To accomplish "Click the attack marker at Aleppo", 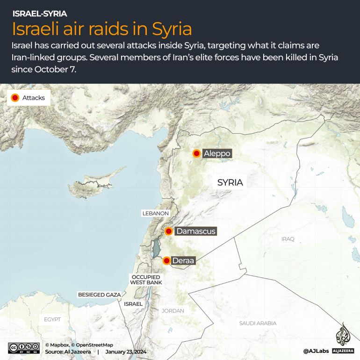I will click(197, 153).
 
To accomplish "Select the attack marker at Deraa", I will click(166, 260).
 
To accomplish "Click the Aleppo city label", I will click(217, 153).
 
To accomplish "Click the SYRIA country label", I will click(230, 182).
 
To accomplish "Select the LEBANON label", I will click(155, 213).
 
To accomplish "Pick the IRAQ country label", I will click(288, 239).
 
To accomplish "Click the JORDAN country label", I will click(173, 310).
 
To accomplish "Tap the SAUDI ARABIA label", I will click(258, 323).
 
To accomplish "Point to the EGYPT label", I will click(53, 319).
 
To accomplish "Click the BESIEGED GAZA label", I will click(99, 295).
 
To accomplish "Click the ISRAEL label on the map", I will click(133, 304).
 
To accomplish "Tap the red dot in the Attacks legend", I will click(14, 98).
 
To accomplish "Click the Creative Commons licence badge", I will click(23, 348).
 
